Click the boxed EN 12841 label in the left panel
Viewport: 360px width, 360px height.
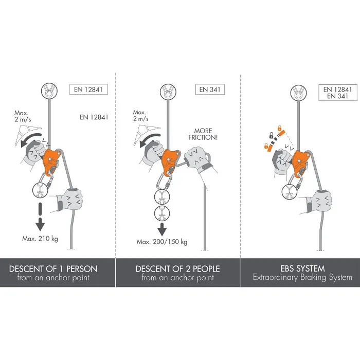point(88,89)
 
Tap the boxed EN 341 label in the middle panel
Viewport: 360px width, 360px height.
point(210,89)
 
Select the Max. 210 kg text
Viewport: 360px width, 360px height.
point(40,239)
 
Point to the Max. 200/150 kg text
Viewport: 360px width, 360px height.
point(162,242)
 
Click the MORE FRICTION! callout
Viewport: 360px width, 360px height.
point(203,134)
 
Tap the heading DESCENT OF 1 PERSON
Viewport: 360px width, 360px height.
point(53,269)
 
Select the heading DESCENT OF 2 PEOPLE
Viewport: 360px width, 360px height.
point(178,269)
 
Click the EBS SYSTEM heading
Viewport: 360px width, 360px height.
point(302,268)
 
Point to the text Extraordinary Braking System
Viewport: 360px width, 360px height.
point(302,277)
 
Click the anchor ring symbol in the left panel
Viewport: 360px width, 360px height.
point(49,91)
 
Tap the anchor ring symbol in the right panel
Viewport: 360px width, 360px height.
point(298,93)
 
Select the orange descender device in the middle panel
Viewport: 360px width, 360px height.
point(171,160)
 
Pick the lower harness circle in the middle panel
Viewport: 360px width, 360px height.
point(162,214)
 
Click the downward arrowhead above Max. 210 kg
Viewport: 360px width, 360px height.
point(40,224)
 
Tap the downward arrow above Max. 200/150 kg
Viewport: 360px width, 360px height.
point(162,229)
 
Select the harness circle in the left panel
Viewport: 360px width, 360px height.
point(40,190)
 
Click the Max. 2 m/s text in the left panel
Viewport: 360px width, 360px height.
point(23,116)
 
